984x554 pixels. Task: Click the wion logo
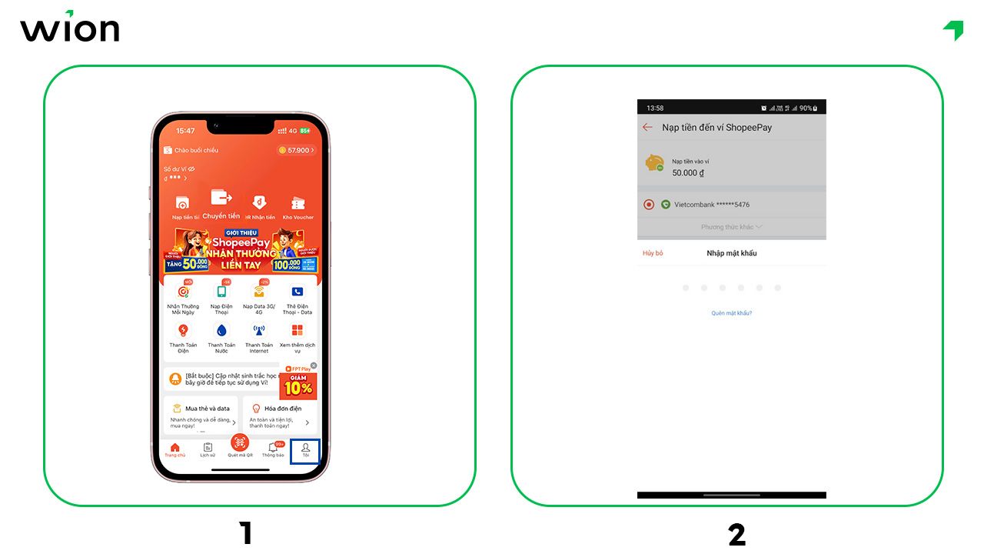[69, 28]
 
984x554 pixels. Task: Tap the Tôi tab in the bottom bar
[305, 449]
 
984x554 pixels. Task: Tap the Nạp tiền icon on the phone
[182, 205]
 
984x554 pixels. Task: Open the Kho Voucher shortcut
[298, 205]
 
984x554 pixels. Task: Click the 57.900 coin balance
[296, 150]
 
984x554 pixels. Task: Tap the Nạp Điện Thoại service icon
[221, 292]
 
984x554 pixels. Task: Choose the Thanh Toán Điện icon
[183, 331]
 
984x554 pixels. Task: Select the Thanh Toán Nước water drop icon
[221, 331]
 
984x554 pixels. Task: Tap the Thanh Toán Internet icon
[259, 331]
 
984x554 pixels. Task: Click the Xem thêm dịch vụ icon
[298, 331]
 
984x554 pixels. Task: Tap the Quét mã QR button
[240, 444]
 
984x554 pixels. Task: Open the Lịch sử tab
[208, 449]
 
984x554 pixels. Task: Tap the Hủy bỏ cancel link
[653, 253]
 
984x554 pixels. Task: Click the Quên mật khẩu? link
[731, 313]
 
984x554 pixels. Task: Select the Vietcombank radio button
[648, 205]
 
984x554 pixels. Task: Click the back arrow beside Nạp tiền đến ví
[647, 128]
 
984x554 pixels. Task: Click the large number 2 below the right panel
[736, 534]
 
